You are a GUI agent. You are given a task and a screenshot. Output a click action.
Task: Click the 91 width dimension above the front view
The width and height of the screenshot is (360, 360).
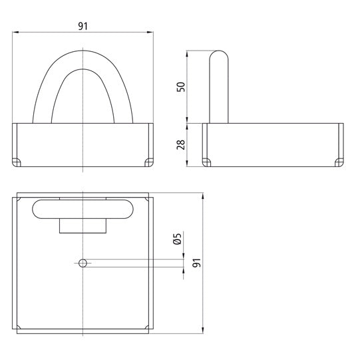click(x=83, y=26)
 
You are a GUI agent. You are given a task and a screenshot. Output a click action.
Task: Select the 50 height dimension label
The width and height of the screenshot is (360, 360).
click(x=180, y=87)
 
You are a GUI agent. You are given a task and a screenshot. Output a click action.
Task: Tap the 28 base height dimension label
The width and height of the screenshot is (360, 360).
click(x=180, y=144)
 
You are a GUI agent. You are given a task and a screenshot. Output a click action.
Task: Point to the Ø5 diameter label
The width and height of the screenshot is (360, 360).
click(x=176, y=240)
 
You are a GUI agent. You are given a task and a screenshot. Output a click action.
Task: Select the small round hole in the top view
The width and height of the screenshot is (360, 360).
click(x=83, y=264)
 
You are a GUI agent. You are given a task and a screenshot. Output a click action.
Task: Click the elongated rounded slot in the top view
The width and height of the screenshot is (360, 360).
click(x=83, y=209)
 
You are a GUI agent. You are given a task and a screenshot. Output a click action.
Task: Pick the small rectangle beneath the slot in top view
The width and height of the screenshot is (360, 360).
click(x=83, y=226)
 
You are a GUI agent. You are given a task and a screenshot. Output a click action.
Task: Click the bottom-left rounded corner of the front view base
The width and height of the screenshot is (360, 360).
click(x=17, y=162)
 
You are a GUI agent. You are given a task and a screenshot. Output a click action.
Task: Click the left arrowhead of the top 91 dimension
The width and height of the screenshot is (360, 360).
click(x=16, y=32)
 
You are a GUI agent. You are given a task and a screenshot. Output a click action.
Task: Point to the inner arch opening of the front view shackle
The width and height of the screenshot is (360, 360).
click(x=83, y=100)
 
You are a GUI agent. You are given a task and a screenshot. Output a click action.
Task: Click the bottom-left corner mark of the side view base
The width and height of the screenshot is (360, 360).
click(x=206, y=162)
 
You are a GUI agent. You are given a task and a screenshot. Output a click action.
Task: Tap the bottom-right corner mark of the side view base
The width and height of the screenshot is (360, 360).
click(x=339, y=162)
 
